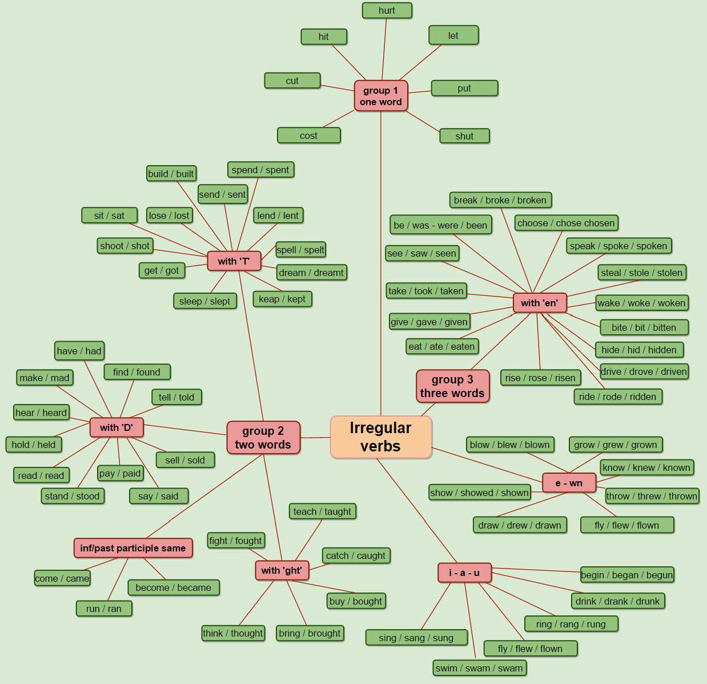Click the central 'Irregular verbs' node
381,437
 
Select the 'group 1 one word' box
381,96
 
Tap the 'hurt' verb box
387,10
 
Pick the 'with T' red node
234,261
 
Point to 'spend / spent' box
260,170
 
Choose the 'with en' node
539,303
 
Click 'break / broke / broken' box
500,200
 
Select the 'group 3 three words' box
452,386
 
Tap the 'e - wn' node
569,483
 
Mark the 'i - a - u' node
464,573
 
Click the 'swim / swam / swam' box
479,668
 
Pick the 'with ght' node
282,570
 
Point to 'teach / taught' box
322,511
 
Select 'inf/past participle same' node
133,548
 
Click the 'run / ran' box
104,609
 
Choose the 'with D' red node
117,427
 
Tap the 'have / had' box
79,351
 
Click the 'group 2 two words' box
263,438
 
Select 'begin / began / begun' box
626,575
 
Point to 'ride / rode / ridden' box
617,397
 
